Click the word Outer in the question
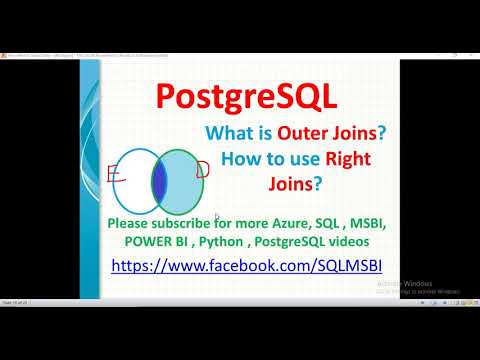click(x=305, y=133)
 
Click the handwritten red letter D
click(x=202, y=171)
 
